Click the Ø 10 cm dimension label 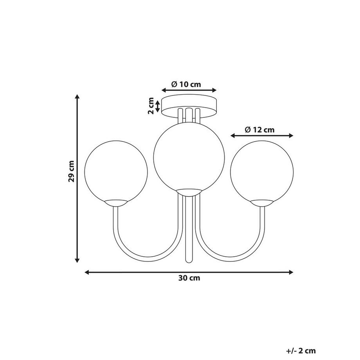click(x=186, y=85)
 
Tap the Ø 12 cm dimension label click(x=260, y=130)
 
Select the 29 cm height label click(x=71, y=171)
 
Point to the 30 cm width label click(x=189, y=278)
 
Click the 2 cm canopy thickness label click(x=151, y=106)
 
